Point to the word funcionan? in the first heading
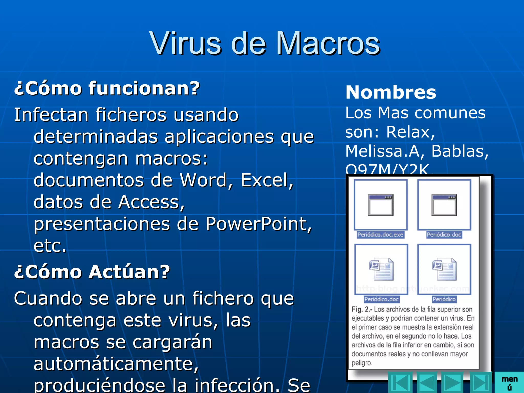144,88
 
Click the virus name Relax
410,132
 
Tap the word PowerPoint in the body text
258,224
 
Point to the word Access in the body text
151,202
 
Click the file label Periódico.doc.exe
380,235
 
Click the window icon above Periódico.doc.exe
380,205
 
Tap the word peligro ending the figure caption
362,363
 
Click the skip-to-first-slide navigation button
400,383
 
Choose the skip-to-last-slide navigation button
481,383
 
